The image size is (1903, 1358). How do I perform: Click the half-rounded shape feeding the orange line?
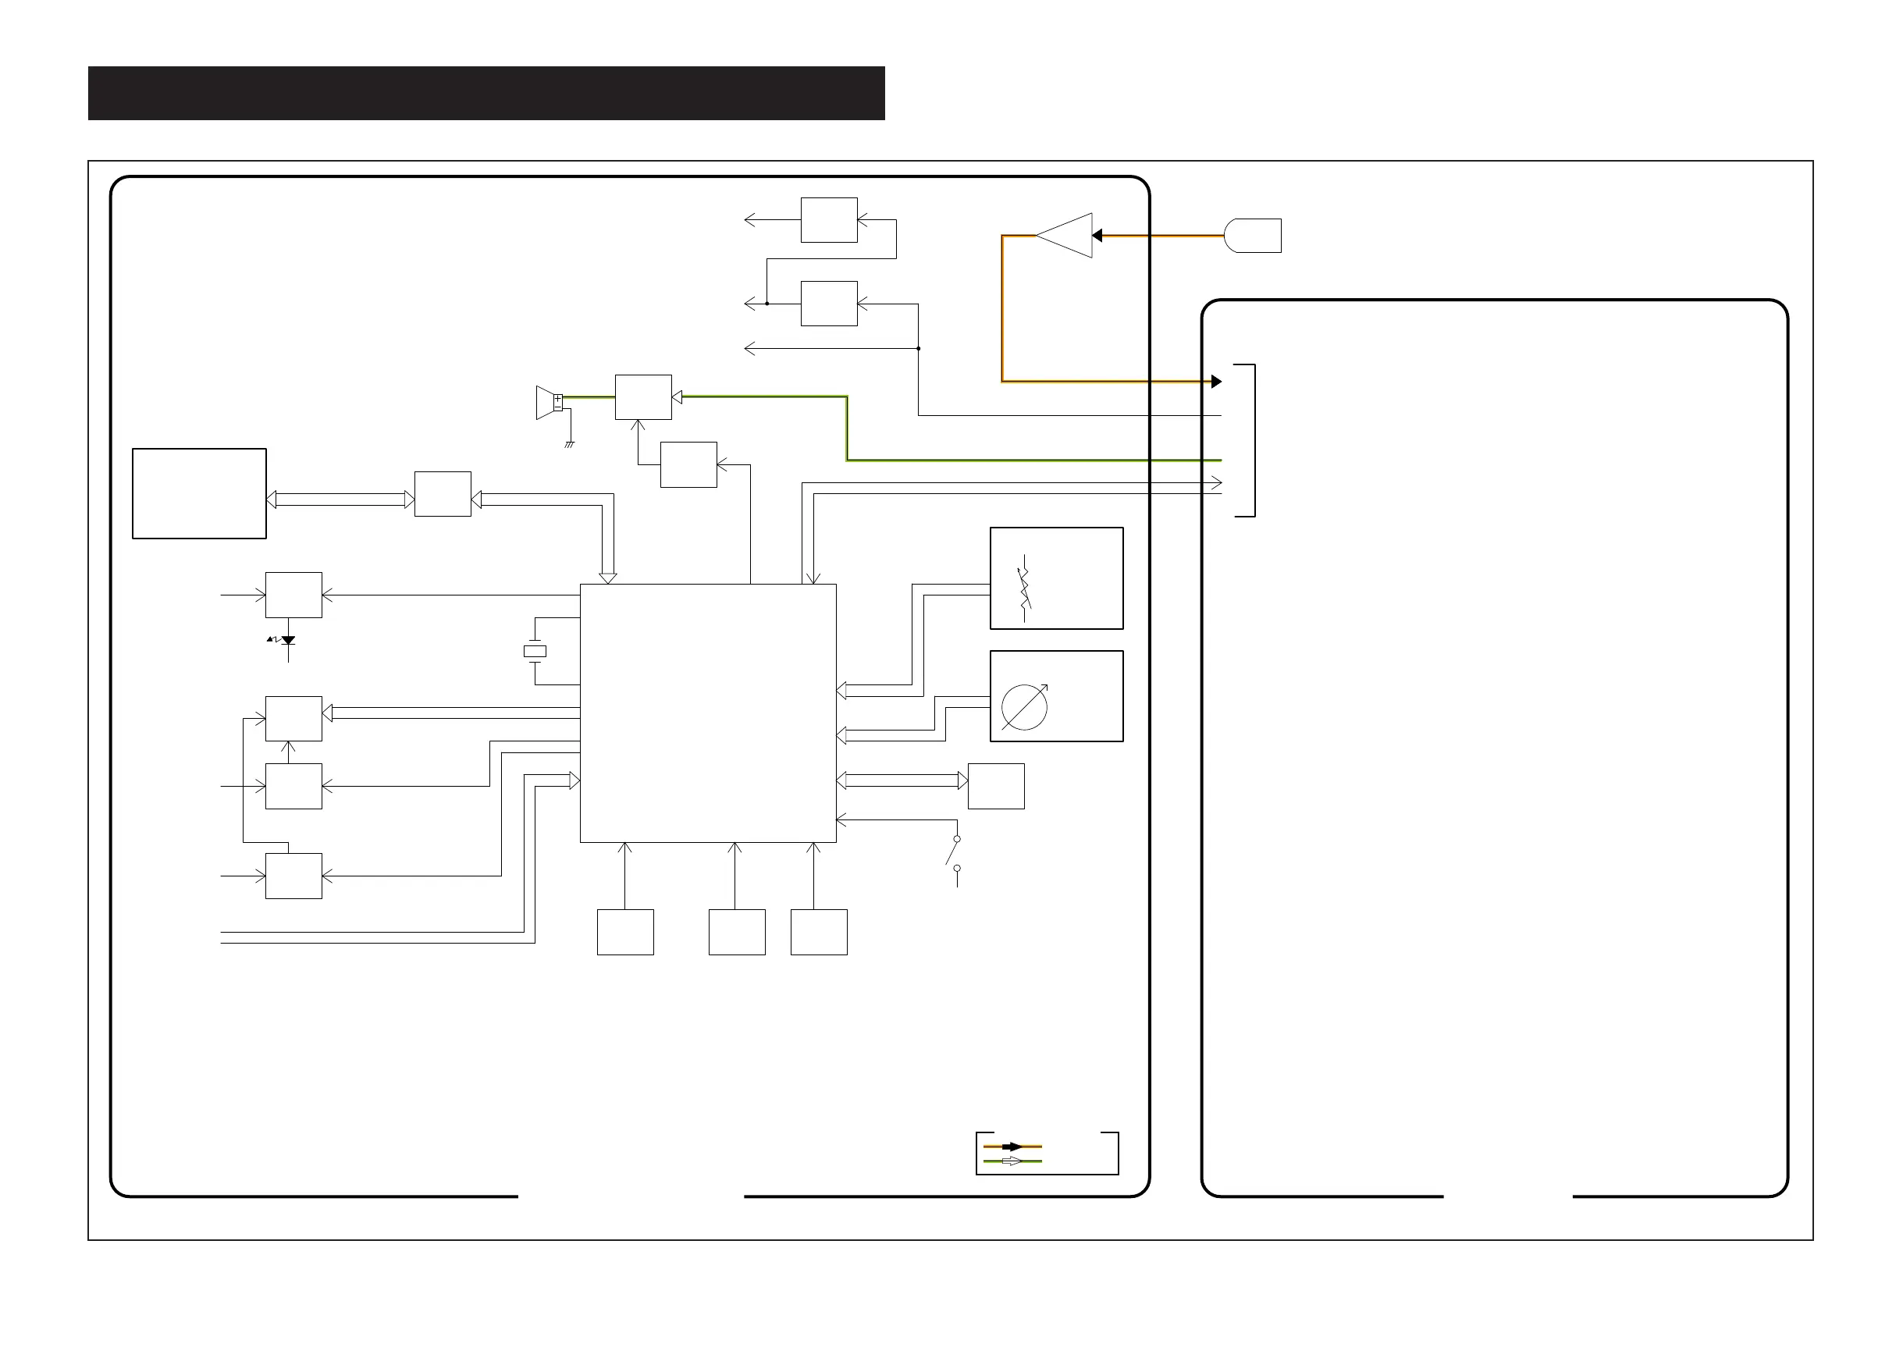(1252, 236)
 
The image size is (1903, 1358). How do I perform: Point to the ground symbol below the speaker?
(569, 444)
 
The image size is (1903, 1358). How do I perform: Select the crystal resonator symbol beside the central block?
(534, 652)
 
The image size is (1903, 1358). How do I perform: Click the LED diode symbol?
(287, 641)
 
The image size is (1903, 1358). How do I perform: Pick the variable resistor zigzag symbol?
(1024, 588)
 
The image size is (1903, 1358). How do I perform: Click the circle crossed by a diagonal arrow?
(1024, 706)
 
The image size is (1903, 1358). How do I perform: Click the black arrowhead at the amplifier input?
(1097, 236)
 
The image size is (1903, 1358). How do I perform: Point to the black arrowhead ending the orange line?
(1217, 382)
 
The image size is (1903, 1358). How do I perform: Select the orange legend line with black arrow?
(1012, 1146)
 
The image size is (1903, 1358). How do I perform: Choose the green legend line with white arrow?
(1012, 1161)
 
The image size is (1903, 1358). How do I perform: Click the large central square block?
(708, 713)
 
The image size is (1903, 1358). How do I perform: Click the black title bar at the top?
(486, 93)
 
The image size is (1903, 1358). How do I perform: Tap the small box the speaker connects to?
(643, 397)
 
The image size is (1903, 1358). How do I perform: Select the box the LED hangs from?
(293, 595)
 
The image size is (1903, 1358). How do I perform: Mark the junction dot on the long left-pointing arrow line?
(918, 349)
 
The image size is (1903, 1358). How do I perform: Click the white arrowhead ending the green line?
(678, 397)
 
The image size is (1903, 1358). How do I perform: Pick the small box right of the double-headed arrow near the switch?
(996, 786)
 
